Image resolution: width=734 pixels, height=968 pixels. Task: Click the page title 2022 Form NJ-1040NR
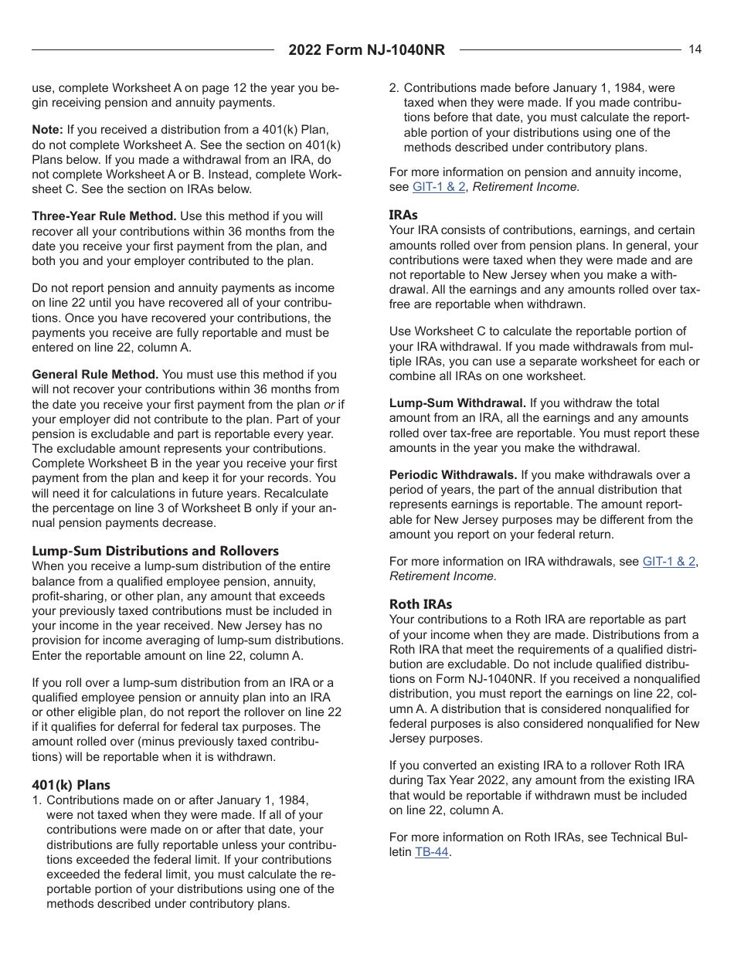coord(366,50)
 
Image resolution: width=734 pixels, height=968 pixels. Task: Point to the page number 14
coord(695,49)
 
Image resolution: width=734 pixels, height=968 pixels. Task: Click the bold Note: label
coord(47,130)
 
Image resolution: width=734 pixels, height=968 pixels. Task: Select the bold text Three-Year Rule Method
coord(104,216)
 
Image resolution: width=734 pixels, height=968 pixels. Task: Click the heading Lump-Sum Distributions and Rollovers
coord(155,551)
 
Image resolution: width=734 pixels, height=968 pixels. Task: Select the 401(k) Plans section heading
coord(71,785)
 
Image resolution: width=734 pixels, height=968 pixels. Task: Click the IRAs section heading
coord(403,215)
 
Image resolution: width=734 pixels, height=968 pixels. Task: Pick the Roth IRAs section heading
coord(420,604)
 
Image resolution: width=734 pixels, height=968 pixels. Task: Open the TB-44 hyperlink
coord(431,853)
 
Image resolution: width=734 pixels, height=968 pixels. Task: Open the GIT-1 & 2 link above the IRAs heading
coord(439,187)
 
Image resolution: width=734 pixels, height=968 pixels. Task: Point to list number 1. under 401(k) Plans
coord(36,800)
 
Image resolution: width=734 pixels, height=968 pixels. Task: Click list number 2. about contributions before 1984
coord(393,88)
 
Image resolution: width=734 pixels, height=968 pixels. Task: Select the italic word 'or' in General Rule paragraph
coord(329,404)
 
